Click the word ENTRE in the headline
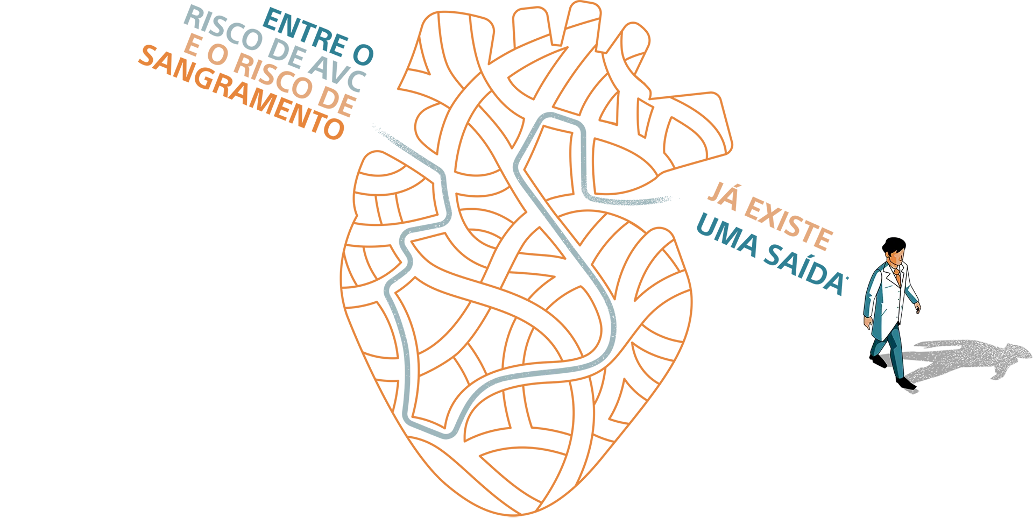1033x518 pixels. pos(305,31)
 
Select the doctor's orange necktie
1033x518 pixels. pos(897,276)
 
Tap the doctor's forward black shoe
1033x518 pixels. pos(905,383)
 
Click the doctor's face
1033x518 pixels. pos(896,259)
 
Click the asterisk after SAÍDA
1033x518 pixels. pos(847,278)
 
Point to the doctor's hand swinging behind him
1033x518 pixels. pos(867,322)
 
